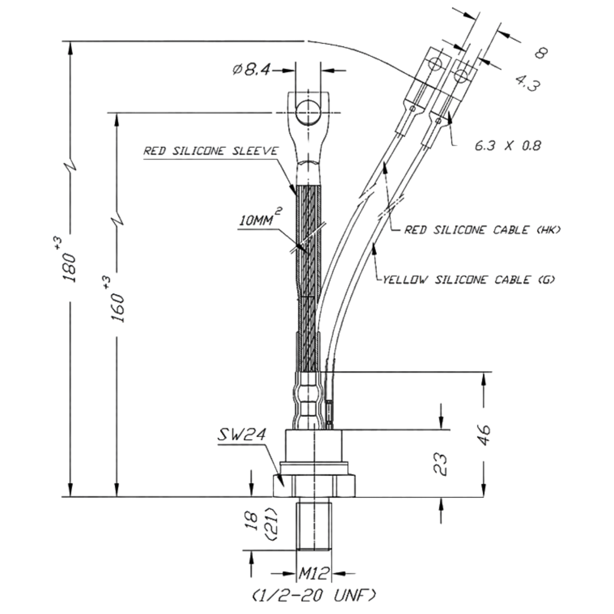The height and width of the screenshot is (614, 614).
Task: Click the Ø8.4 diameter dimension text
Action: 252,69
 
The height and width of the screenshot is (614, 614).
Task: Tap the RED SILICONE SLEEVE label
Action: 211,151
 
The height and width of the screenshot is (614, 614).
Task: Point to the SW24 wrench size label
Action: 241,435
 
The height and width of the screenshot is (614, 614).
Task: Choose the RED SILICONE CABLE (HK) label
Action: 482,230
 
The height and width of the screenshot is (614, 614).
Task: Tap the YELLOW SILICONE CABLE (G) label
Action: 468,280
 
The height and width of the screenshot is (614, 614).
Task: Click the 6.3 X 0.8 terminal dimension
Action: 508,146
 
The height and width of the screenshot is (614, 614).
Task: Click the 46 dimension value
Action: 484,435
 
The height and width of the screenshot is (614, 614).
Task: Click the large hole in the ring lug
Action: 308,112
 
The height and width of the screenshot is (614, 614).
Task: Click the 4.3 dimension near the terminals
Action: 528,83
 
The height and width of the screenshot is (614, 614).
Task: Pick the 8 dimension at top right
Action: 541,52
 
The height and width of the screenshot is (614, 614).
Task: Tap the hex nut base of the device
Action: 314,486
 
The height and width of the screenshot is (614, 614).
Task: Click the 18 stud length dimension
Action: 253,521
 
